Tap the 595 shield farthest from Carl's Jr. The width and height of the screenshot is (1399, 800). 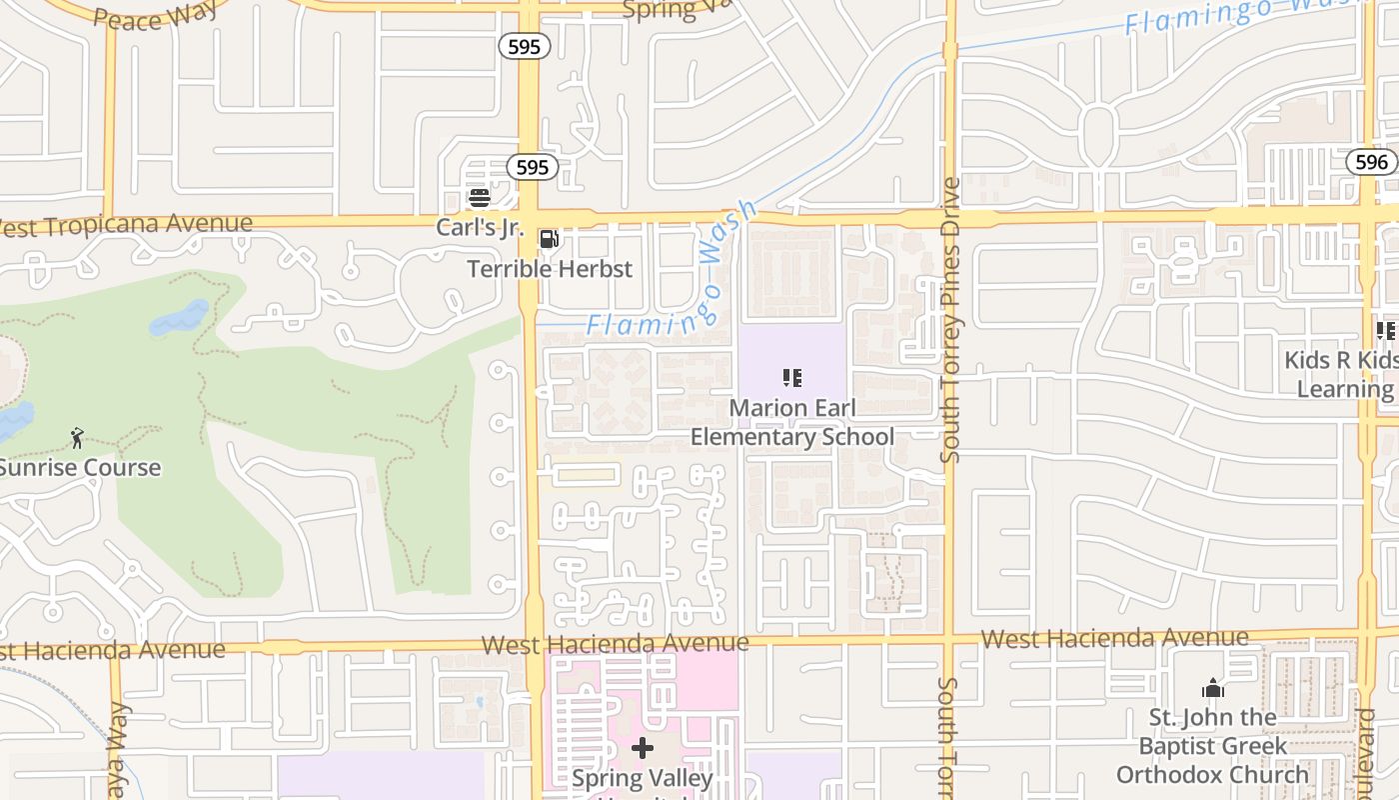(524, 46)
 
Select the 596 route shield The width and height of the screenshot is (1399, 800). (1371, 162)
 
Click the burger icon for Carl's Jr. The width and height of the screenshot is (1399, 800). (480, 197)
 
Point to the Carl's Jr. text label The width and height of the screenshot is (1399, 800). (480, 227)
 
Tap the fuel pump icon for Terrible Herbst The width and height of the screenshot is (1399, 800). (549, 239)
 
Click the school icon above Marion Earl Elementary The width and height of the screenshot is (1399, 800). (792, 378)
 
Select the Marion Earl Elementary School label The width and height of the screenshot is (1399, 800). (792, 422)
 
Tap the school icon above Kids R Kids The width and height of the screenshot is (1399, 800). (1385, 330)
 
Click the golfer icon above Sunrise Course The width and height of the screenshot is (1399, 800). (77, 437)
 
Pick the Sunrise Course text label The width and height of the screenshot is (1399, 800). (80, 467)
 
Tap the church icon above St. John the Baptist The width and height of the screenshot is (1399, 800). (1213, 688)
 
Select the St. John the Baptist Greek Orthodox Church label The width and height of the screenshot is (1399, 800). (1212, 746)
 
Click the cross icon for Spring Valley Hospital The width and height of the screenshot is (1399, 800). (643, 748)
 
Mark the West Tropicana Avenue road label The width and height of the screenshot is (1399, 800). (125, 225)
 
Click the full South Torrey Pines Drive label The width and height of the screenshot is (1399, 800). (950, 320)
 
